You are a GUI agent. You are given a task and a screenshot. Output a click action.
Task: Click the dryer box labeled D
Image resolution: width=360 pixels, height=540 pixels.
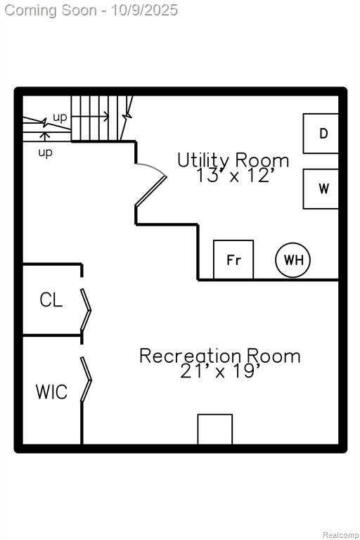click(x=321, y=134)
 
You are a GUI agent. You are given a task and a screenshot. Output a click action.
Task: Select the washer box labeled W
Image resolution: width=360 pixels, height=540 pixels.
click(x=321, y=188)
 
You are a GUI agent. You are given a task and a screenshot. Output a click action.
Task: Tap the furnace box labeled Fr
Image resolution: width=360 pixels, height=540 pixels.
click(x=233, y=259)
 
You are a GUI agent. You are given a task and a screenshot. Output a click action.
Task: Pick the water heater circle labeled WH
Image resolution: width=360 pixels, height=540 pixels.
click(x=292, y=260)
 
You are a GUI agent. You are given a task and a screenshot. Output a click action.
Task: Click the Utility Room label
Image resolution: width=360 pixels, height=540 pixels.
click(x=233, y=160)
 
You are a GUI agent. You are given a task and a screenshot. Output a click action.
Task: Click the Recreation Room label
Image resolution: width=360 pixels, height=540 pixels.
click(x=220, y=356)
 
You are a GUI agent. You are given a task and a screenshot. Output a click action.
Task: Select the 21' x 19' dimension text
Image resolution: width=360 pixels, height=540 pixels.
click(x=221, y=371)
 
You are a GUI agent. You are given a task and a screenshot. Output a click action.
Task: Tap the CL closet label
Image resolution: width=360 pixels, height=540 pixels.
click(x=51, y=300)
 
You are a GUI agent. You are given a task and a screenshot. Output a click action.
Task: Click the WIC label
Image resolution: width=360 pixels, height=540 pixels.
click(x=51, y=392)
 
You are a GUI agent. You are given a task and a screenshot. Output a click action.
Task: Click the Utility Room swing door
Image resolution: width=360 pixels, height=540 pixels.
click(x=150, y=191)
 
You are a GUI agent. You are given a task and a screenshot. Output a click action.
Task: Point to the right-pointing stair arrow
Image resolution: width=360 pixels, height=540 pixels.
click(x=90, y=117)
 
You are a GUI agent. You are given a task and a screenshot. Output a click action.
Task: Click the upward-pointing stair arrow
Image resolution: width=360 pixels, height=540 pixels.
click(x=44, y=136)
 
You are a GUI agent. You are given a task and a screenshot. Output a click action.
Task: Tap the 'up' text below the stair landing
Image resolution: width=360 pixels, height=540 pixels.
click(x=45, y=153)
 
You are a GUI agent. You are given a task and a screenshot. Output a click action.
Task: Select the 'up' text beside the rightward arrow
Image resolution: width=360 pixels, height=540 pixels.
click(x=60, y=118)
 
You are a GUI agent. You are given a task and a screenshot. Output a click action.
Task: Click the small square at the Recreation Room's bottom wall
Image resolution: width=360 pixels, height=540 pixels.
click(x=215, y=429)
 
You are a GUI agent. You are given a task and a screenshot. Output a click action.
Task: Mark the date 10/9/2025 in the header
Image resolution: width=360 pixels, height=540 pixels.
click(x=144, y=10)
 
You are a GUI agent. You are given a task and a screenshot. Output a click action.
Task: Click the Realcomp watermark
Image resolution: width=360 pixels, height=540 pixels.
click(x=341, y=535)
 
